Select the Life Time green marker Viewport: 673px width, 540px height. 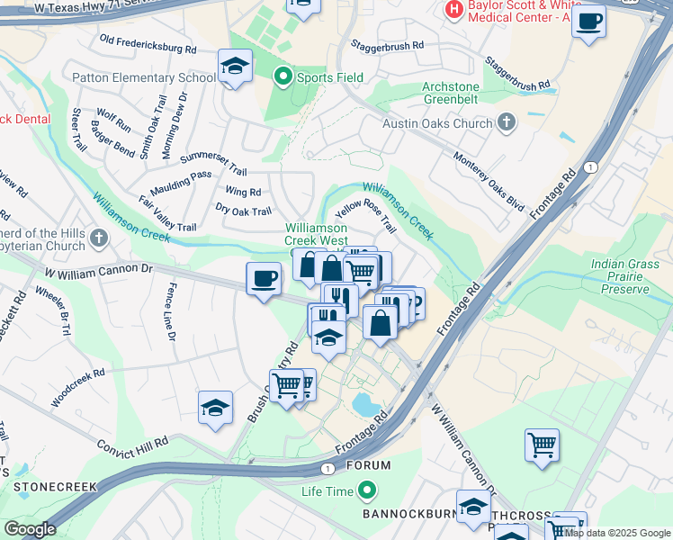pos(366,491)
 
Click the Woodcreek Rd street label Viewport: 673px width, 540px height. pos(78,386)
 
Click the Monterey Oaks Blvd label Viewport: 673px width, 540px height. pos(489,181)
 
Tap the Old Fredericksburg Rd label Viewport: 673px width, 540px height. pos(148,43)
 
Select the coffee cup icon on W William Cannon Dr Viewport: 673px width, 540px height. pos(263,278)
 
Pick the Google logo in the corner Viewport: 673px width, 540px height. pos(30,529)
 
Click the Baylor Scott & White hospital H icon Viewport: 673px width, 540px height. pos(453,10)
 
